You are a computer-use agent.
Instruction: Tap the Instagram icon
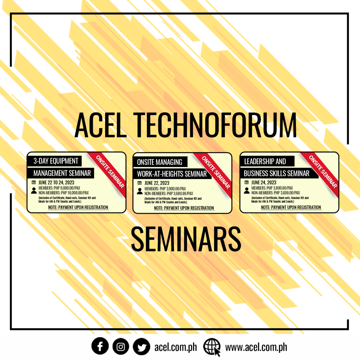[x=121, y=346]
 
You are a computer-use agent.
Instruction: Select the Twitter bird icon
[x=141, y=346]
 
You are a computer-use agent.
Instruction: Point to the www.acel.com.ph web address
[x=256, y=347]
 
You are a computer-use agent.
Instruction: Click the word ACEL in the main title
[x=101, y=125]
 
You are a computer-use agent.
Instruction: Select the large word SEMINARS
[x=186, y=239]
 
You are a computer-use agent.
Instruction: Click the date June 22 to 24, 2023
[x=56, y=182]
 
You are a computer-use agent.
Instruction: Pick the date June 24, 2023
[x=264, y=182]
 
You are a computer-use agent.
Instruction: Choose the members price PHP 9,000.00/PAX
[x=59, y=188]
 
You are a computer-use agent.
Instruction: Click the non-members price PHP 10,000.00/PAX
[x=64, y=193]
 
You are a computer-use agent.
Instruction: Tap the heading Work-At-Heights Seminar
[x=172, y=174]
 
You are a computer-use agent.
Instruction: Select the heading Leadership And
[x=265, y=161]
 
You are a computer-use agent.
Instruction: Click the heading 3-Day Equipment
[x=56, y=161]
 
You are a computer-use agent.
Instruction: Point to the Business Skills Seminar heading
[x=276, y=173]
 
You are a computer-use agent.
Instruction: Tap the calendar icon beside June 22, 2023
[x=140, y=183]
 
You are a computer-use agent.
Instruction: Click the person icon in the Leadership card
[x=247, y=190]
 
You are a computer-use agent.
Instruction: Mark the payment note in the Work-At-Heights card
[x=184, y=208]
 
